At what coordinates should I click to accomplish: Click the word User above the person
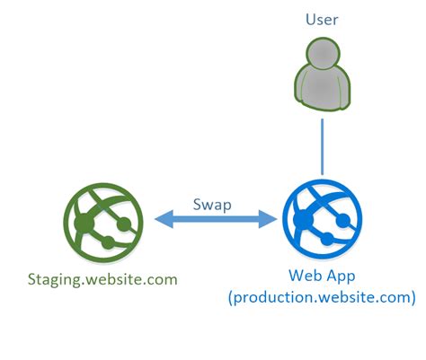pos(321,18)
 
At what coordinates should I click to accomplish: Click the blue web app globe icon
pos(321,217)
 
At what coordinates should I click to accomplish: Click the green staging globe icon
pos(101,217)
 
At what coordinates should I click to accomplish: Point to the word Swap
pos(211,203)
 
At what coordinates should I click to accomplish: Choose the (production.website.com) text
pos(321,295)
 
